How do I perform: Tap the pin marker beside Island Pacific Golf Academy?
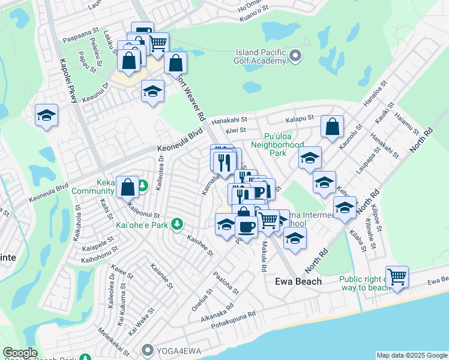pyautogui.click(x=295, y=56)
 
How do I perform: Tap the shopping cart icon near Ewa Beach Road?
pyautogui.click(x=397, y=277)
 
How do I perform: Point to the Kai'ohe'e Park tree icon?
pyautogui.click(x=176, y=224)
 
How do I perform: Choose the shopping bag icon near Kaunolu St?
pyautogui.click(x=332, y=127)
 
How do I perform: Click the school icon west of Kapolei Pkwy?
pyautogui.click(x=46, y=115)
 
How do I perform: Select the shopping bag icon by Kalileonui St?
pyautogui.click(x=128, y=187)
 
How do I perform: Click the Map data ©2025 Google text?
pyautogui.click(x=411, y=355)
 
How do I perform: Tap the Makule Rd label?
pyautogui.click(x=264, y=257)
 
